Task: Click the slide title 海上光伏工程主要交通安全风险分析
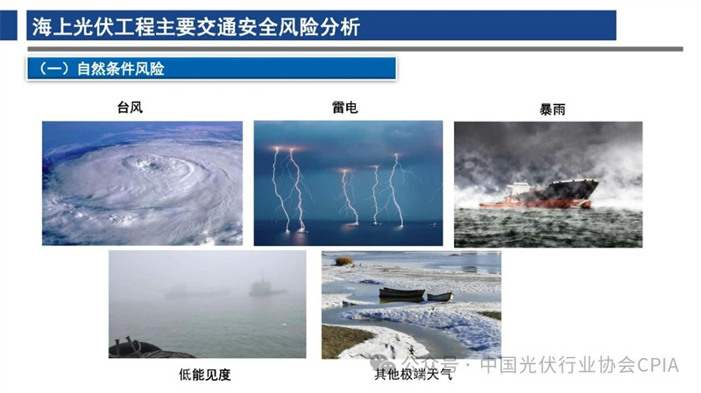[x=195, y=27]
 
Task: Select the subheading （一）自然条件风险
[x=102, y=69]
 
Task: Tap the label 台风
[x=130, y=107]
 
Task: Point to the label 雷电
[x=344, y=107]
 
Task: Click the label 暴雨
[x=552, y=109]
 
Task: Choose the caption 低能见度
[x=205, y=375]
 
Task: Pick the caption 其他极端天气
[x=413, y=374]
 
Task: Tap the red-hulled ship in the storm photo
[x=540, y=193]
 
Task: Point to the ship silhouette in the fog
[x=266, y=287]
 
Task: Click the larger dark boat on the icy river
[x=401, y=293]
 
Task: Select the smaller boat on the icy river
[x=440, y=297]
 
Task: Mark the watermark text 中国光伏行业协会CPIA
[x=580, y=365]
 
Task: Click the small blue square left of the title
[x=9, y=25]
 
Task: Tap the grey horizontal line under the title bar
[x=355, y=49]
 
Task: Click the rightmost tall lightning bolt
[x=396, y=190]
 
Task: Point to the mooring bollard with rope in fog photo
[x=127, y=346]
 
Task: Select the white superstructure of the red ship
[x=519, y=188]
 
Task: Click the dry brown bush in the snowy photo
[x=343, y=260]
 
